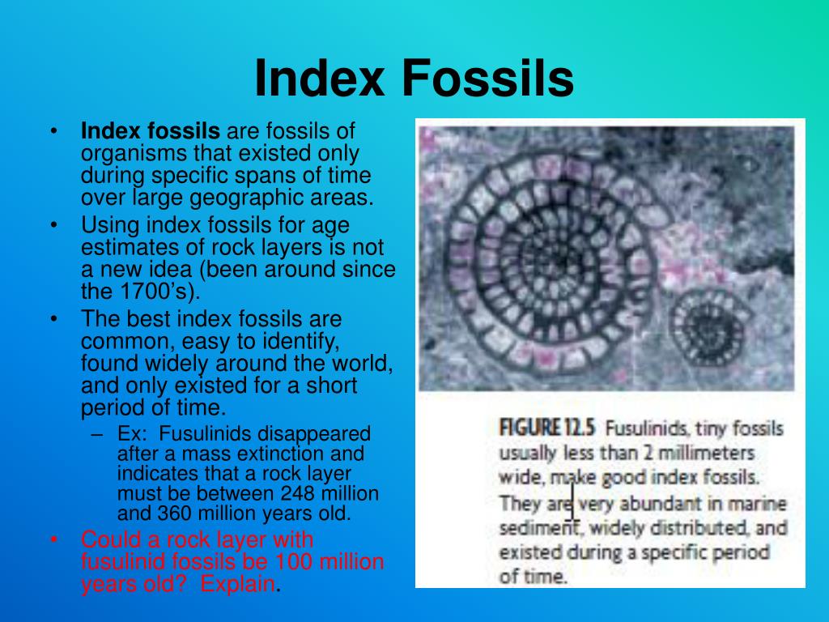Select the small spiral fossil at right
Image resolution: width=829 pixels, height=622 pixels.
click(x=709, y=324)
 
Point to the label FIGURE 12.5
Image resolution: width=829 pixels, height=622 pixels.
click(x=547, y=427)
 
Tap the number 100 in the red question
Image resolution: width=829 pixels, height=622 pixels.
click(x=298, y=561)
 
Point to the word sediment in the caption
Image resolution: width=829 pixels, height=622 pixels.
click(x=533, y=529)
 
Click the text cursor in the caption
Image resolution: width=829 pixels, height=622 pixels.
click(x=572, y=501)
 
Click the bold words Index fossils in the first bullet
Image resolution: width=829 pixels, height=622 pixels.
click(x=151, y=130)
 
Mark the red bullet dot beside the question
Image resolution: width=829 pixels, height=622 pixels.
click(x=53, y=539)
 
